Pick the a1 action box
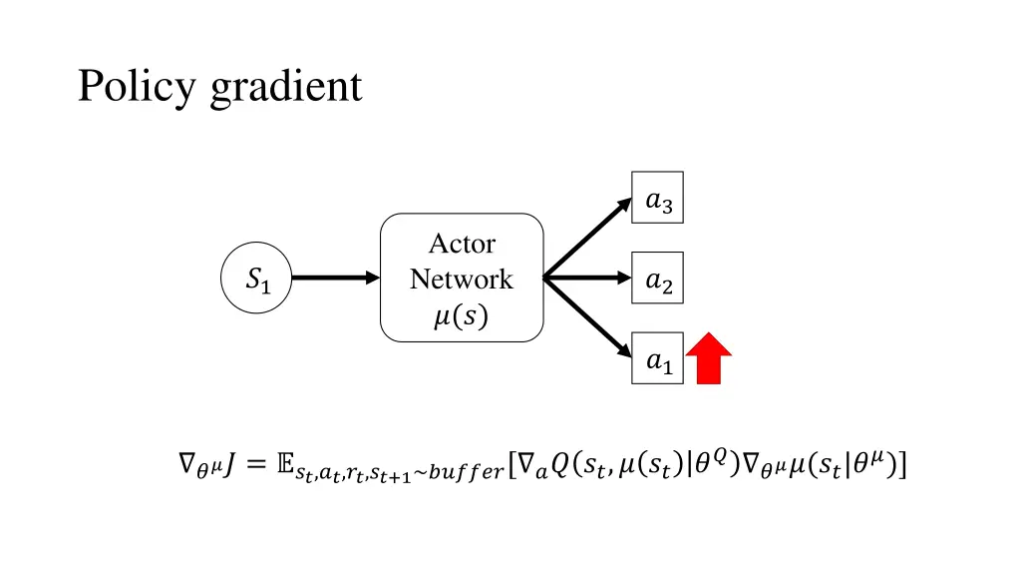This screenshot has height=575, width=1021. point(658,358)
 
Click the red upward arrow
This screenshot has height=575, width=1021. point(709,359)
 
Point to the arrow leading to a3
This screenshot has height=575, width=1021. point(588,237)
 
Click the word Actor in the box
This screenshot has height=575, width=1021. point(462,244)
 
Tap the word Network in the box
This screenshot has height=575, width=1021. point(462,279)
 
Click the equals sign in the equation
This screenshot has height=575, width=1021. point(255,463)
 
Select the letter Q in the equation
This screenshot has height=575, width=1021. point(560,463)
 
